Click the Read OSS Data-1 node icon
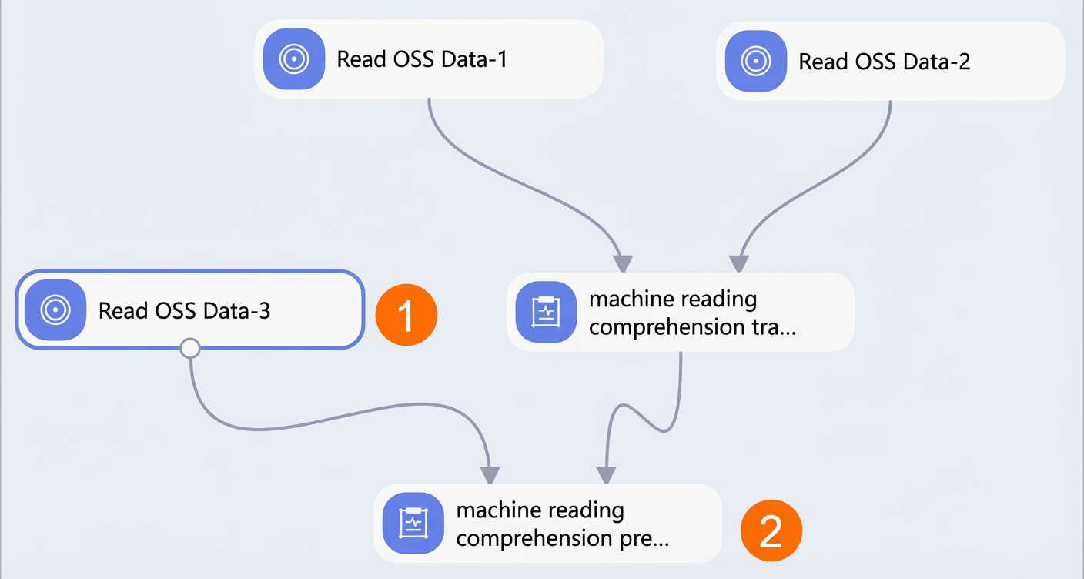pyautogui.click(x=294, y=59)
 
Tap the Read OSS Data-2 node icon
pyautogui.click(x=756, y=61)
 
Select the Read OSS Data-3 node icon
pyautogui.click(x=55, y=310)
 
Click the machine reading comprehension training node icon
pyautogui.click(x=547, y=313)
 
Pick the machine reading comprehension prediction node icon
pyautogui.click(x=413, y=524)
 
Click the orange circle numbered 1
pyautogui.click(x=406, y=315)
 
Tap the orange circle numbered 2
pyautogui.click(x=771, y=530)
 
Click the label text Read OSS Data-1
pyautogui.click(x=422, y=59)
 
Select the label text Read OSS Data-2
pyautogui.click(x=884, y=62)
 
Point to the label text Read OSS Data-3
pyautogui.click(x=184, y=311)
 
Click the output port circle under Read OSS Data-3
pyautogui.click(x=190, y=348)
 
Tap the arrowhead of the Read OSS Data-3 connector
pyautogui.click(x=490, y=475)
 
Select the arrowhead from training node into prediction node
pyautogui.click(x=606, y=475)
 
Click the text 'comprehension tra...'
pyautogui.click(x=692, y=326)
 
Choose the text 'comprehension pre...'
pyautogui.click(x=562, y=538)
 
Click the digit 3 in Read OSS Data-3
pyautogui.click(x=265, y=311)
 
